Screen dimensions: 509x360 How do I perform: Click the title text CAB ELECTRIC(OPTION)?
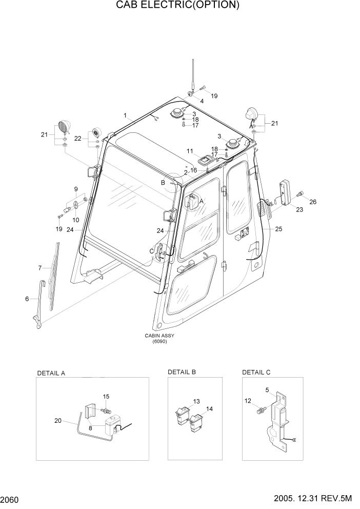coord(177,6)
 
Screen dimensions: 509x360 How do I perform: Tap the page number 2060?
coord(11,499)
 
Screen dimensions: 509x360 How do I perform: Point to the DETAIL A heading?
coord(51,373)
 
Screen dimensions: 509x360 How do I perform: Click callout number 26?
coord(313,202)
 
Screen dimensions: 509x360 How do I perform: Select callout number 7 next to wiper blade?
coord(39,268)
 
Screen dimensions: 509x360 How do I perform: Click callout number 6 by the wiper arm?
coord(27,299)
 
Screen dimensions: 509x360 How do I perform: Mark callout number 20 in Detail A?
coord(58,421)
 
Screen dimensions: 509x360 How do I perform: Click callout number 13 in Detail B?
coord(196,401)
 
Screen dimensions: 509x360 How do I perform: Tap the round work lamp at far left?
coord(64,126)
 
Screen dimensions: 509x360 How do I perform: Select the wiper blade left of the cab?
coord(54,275)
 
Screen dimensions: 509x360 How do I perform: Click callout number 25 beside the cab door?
coord(278,229)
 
